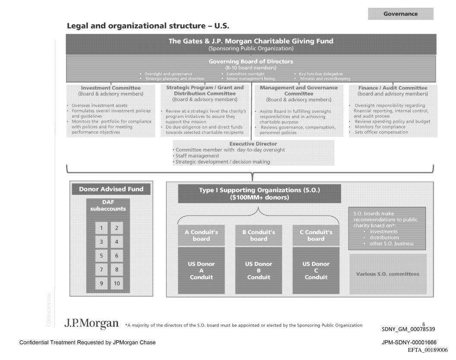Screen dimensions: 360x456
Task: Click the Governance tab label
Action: [x=400, y=14]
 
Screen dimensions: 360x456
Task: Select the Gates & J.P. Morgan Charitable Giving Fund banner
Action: [x=251, y=44]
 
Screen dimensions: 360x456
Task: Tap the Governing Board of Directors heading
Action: [x=251, y=61]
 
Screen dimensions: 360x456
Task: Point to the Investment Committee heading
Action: [x=111, y=88]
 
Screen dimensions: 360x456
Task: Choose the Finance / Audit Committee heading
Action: [x=393, y=88]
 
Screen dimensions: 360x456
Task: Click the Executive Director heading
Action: [x=253, y=143]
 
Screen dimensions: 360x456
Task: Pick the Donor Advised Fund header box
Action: [x=111, y=189]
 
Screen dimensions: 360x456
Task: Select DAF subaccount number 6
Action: [x=116, y=255]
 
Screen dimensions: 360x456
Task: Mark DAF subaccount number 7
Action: [x=101, y=270]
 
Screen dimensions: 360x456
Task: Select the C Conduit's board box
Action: [x=316, y=235]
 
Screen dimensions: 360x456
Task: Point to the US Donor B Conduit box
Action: [x=259, y=270]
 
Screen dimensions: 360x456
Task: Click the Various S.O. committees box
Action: [x=387, y=274]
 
